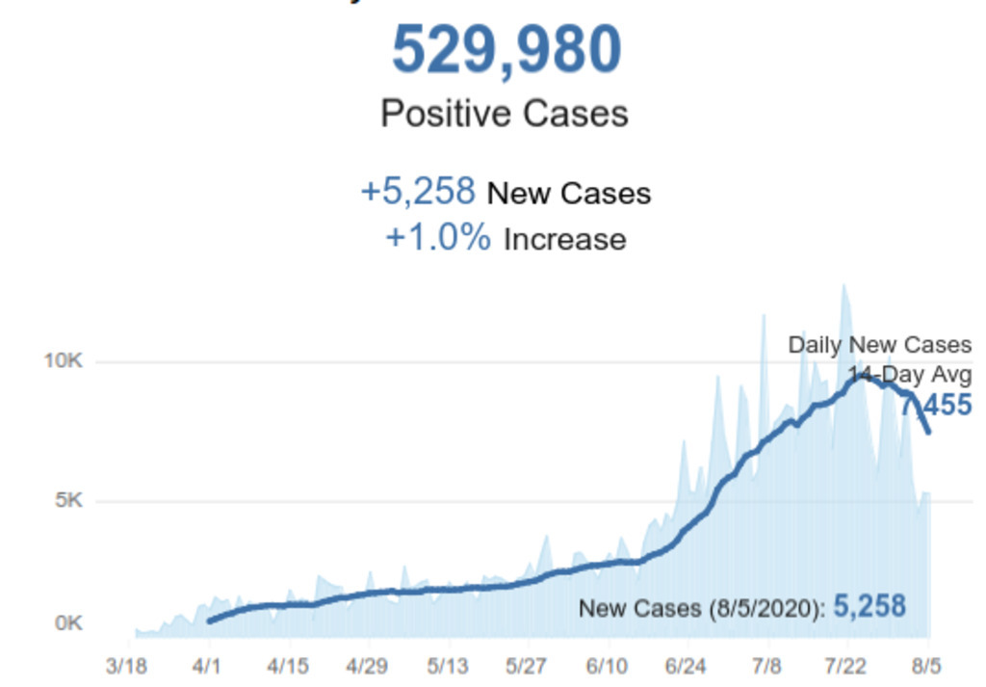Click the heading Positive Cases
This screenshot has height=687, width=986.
pos(505,114)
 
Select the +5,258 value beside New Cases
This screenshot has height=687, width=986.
pos(418,192)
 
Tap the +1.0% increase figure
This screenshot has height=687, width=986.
pos(438,238)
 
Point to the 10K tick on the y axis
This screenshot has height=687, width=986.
pos(64,361)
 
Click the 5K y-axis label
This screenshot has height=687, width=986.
pos(68,501)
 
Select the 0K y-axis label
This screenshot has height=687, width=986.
pos(68,623)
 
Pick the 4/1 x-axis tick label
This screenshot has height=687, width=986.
pos(208,666)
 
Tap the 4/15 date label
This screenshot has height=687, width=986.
pos(287,666)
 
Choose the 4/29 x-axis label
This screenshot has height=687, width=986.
pos(367,666)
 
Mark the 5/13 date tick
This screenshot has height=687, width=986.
pos(447,666)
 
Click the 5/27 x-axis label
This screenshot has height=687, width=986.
pos(527,666)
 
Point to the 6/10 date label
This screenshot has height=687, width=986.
pos(607,666)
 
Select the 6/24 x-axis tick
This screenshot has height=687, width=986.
pos(687,666)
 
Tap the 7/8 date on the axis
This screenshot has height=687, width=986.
pos(765,666)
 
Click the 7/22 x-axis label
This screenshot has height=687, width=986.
pos(846,666)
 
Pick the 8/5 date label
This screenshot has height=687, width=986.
pos(928,666)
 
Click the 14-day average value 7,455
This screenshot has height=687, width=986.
pos(936,406)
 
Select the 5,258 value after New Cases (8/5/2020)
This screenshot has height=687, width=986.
pos(869,606)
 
